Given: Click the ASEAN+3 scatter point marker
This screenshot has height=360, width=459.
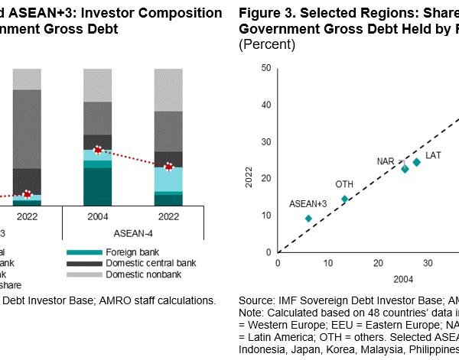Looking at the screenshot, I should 308,219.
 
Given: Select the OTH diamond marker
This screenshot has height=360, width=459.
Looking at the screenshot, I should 344,199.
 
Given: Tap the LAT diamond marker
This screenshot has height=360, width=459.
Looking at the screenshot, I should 416,162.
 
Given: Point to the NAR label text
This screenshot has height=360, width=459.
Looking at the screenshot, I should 386,162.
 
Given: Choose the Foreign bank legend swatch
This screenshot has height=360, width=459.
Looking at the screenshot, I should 83,251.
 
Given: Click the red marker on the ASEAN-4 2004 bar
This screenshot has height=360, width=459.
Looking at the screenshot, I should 97,150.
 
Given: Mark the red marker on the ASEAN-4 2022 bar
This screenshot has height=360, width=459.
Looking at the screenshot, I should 169,167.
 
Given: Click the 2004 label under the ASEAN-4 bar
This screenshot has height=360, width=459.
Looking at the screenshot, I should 97,216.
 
